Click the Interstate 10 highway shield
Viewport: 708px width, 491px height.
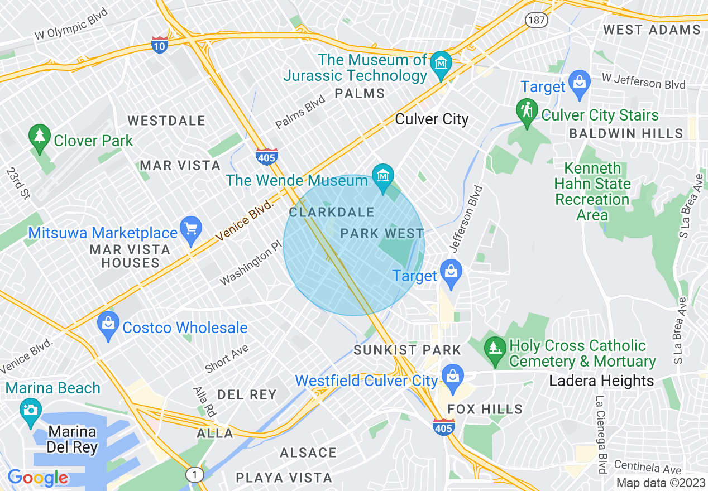[x=159, y=45]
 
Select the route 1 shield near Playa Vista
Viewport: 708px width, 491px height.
[x=194, y=475]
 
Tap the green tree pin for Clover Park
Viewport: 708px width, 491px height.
[x=39, y=138]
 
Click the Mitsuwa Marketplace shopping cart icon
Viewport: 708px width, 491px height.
[x=192, y=229]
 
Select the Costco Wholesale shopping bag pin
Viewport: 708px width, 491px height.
[x=108, y=325]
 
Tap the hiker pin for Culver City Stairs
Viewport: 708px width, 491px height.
[x=527, y=112]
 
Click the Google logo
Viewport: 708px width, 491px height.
[x=37, y=478]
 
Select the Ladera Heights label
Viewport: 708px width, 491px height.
[x=601, y=381]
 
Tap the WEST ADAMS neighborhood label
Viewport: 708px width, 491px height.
[x=652, y=30]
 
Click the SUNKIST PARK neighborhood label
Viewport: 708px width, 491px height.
[x=408, y=350]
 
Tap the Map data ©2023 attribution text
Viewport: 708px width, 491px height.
[x=661, y=483]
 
